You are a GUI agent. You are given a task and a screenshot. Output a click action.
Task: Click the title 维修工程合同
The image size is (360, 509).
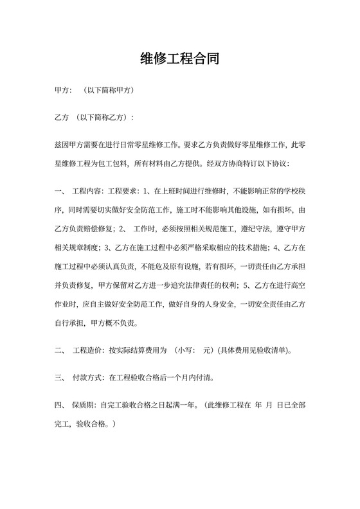coord(180,60)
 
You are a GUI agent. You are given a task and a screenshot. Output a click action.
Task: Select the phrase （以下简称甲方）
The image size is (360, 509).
coord(109,91)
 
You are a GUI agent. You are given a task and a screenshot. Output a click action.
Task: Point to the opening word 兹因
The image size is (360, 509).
coord(64,146)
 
